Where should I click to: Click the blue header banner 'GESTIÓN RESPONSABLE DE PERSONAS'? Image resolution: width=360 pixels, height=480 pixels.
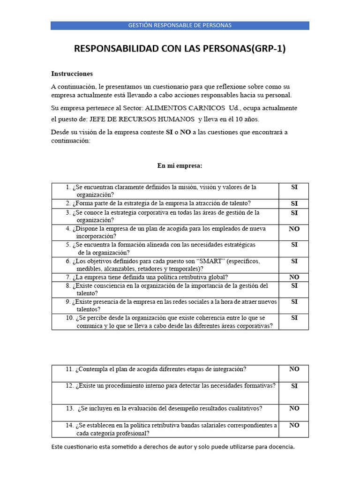(180, 25)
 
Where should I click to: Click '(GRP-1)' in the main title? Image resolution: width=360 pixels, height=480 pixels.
(269, 49)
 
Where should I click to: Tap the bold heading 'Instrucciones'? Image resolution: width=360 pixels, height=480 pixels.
(72, 74)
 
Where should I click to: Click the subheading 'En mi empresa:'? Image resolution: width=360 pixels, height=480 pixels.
(180, 165)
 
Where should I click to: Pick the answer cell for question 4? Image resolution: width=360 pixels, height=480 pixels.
(294, 232)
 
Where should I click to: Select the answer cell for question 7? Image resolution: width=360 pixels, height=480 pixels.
(294, 277)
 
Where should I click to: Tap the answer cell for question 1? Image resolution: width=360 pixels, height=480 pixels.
(294, 190)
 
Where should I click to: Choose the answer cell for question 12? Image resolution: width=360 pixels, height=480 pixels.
(294, 393)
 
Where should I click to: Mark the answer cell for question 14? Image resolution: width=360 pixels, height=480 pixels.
(294, 429)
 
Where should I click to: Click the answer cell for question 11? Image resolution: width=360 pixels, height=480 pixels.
(294, 373)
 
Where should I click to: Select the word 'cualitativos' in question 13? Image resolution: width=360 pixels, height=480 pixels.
(244, 408)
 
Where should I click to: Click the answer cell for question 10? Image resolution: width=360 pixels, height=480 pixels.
(294, 322)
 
